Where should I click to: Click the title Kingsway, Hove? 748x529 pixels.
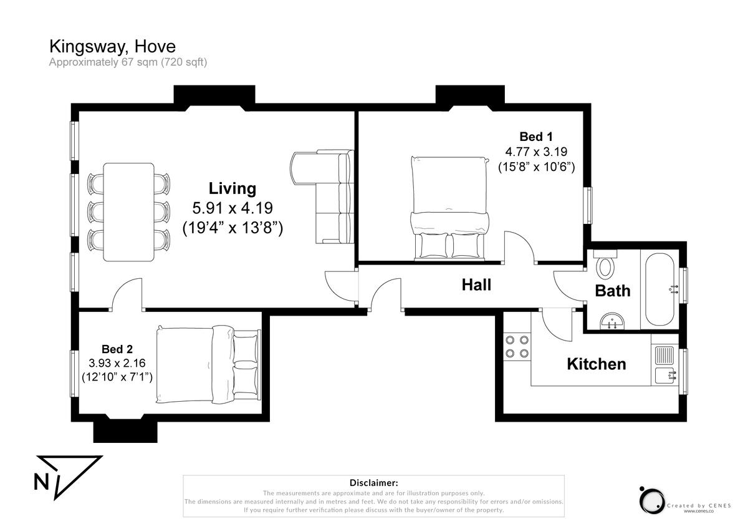pyautogui.click(x=112, y=46)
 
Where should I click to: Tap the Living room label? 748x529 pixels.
pyautogui.click(x=232, y=188)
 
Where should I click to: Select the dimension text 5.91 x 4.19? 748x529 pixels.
pyautogui.click(x=232, y=208)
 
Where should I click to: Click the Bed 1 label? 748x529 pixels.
pyautogui.click(x=536, y=137)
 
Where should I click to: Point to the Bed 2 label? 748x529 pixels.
pyautogui.click(x=117, y=349)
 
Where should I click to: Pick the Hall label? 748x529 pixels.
pyautogui.click(x=476, y=285)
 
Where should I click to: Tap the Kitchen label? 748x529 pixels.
pyautogui.click(x=596, y=364)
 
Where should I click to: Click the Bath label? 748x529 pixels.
pyautogui.click(x=612, y=291)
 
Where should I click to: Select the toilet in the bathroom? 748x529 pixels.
pyautogui.click(x=605, y=264)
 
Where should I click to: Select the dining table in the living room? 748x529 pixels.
pyautogui.click(x=128, y=212)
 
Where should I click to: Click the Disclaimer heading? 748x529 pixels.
pyautogui.click(x=373, y=483)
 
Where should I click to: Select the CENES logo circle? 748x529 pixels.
pyautogui.click(x=652, y=500)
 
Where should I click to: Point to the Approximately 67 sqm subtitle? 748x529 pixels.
pyautogui.click(x=128, y=62)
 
